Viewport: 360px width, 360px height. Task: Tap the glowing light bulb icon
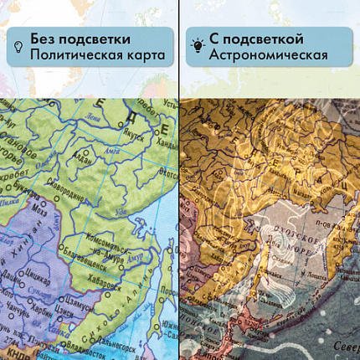click(x=196, y=48)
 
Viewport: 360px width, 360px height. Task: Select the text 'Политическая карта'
click(x=96, y=57)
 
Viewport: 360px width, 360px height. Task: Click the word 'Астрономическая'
click(x=269, y=57)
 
